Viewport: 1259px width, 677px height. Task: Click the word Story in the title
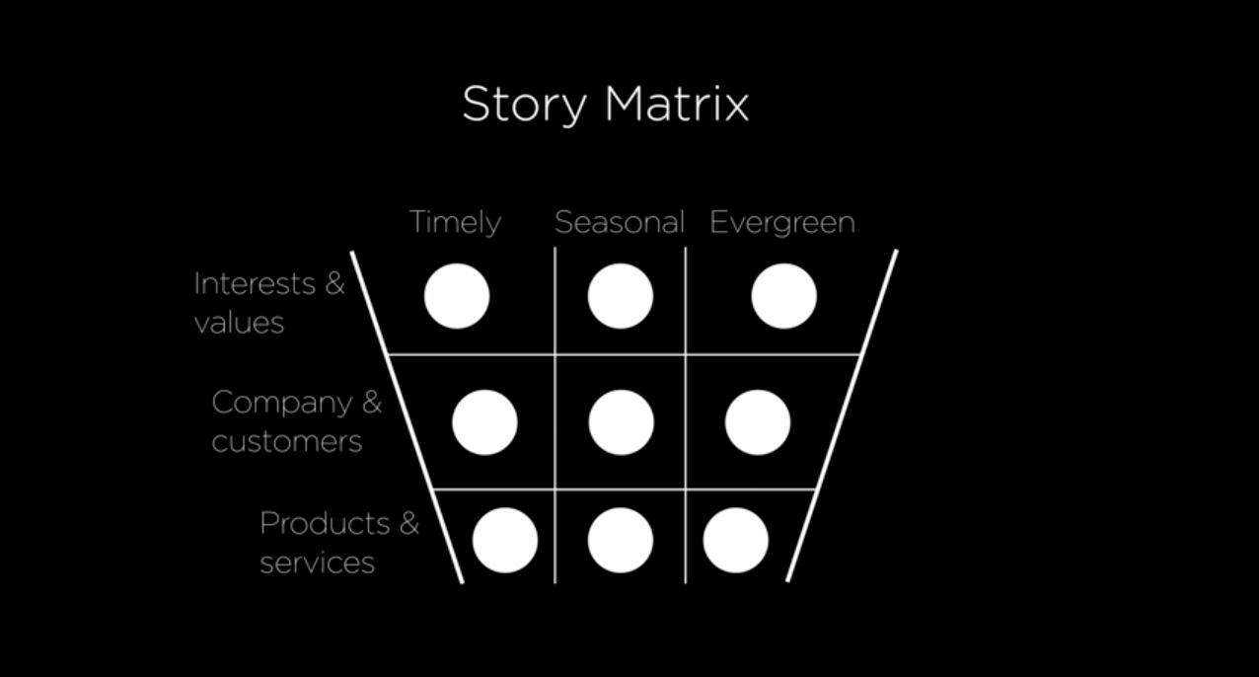tap(522, 105)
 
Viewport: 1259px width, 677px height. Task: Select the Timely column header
tap(455, 223)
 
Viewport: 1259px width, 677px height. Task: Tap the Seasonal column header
tap(619, 222)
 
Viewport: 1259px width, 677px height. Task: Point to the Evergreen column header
tap(781, 223)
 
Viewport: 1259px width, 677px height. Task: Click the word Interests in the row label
tap(256, 283)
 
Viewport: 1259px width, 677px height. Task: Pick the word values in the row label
tap(239, 323)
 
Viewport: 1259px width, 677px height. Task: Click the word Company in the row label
tap(281, 402)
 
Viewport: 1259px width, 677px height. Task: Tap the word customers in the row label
tap(287, 441)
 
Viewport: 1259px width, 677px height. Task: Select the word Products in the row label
tap(325, 522)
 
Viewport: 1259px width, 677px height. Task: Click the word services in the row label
tap(317, 563)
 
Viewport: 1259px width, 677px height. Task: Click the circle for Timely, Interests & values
tap(457, 296)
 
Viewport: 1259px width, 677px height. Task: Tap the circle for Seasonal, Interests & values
tap(621, 296)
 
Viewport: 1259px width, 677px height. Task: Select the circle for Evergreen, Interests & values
tap(783, 296)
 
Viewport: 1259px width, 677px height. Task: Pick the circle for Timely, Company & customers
tap(484, 422)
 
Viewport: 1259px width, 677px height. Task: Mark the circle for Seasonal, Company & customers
tap(621, 422)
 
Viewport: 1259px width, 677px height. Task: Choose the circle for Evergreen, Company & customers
tap(757, 422)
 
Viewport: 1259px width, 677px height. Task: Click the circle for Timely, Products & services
tap(505, 541)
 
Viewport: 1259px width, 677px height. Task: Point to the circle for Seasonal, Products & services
tap(621, 541)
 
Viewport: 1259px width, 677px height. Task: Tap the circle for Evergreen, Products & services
tap(735, 541)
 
